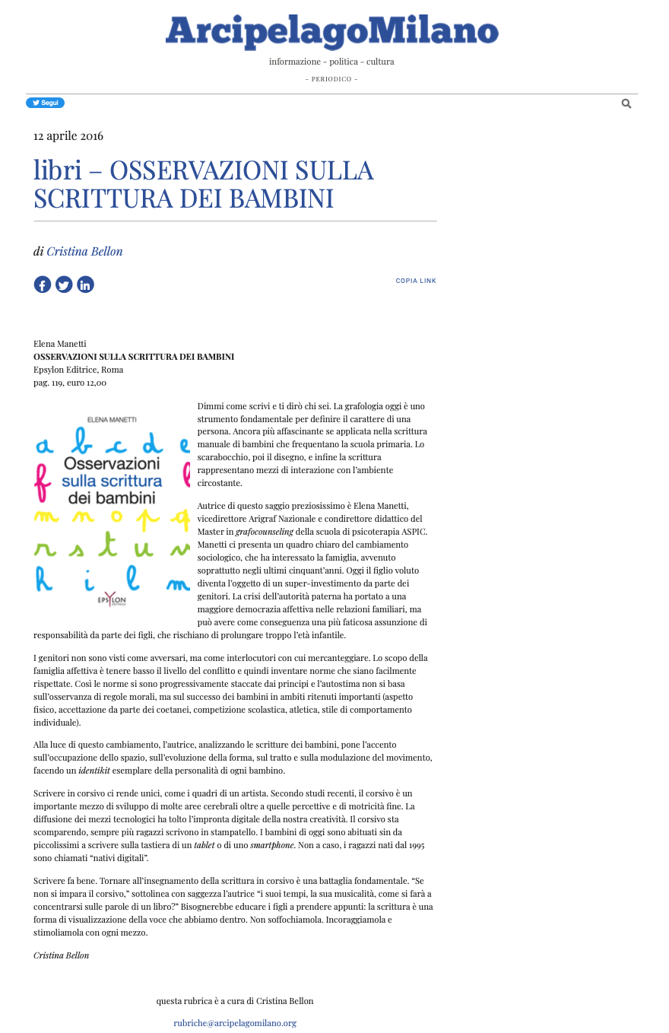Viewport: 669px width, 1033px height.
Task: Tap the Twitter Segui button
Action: [46, 103]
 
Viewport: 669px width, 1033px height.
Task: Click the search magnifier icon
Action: [626, 103]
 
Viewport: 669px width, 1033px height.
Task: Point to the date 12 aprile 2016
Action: [68, 136]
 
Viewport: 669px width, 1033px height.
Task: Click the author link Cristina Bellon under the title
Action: [84, 252]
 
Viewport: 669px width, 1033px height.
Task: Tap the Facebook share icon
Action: [43, 284]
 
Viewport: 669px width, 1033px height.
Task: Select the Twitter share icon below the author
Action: [64, 284]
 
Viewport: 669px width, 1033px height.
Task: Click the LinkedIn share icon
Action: [85, 284]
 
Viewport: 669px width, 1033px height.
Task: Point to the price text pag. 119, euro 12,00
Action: [70, 383]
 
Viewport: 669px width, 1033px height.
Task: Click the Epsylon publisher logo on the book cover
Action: [111, 599]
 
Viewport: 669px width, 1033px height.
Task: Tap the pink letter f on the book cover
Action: [43, 478]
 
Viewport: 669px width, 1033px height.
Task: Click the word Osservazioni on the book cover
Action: [111, 463]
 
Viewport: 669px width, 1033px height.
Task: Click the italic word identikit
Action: [94, 771]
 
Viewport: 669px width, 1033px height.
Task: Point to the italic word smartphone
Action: [271, 845]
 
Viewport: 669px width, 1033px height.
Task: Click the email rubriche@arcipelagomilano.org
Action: [235, 1023]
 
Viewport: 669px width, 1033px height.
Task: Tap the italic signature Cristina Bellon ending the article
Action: [61, 955]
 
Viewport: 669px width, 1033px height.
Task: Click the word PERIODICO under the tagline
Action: [331, 79]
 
